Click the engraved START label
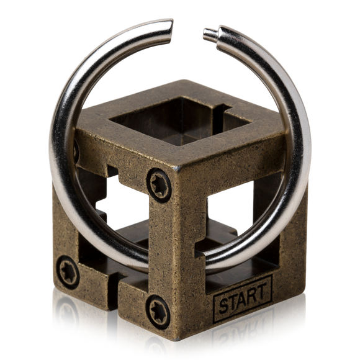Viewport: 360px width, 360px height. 243,299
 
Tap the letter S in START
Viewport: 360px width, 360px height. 224,306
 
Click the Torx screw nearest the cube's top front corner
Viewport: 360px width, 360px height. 159,185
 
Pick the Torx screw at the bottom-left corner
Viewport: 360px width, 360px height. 68,272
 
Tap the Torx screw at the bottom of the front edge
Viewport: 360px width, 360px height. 158,312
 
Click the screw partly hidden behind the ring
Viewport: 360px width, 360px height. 76,151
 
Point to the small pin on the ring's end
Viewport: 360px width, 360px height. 210,34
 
